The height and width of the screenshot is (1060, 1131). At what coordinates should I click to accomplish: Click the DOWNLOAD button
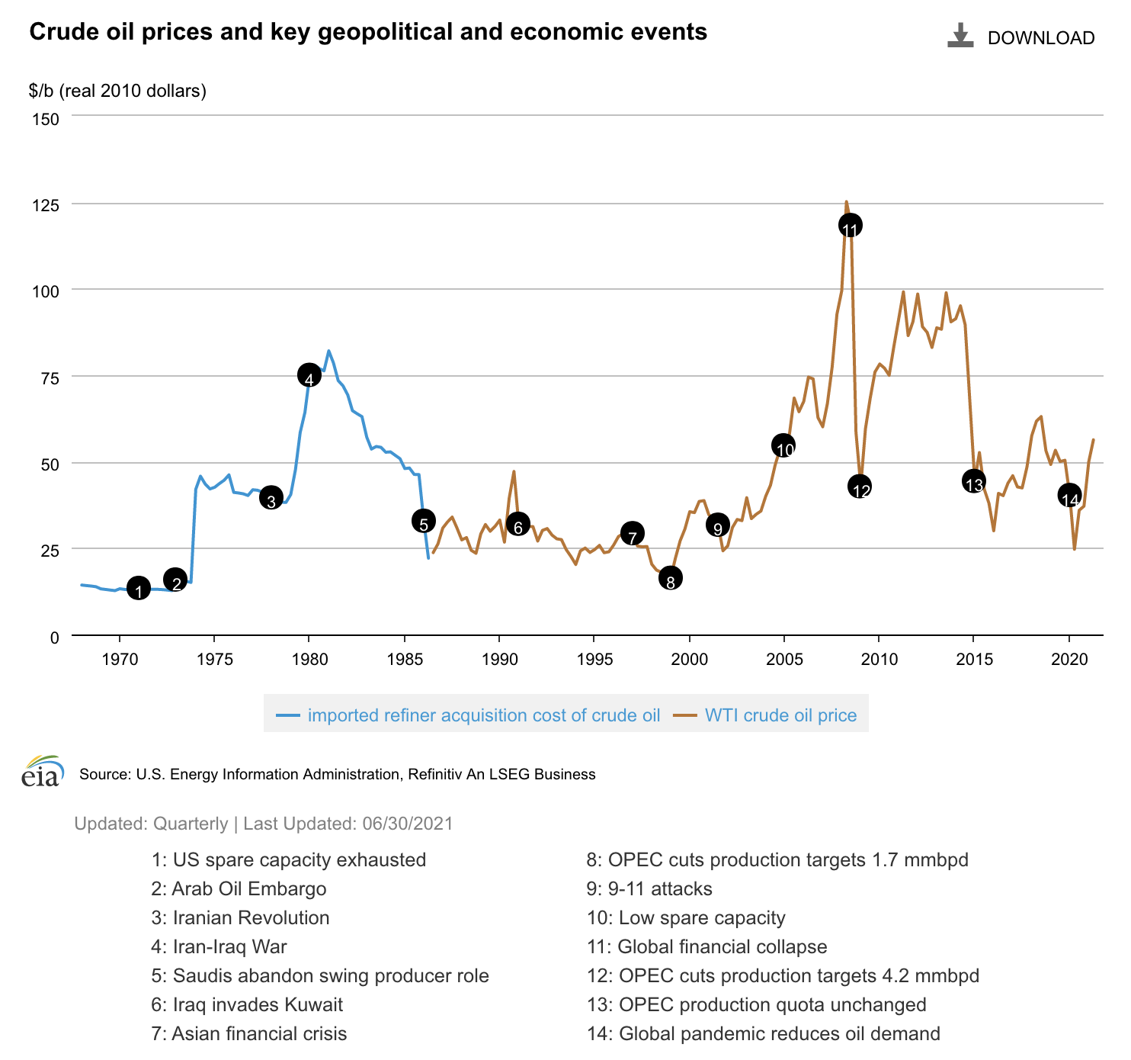tap(1021, 37)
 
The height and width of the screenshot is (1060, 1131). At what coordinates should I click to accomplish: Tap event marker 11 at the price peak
tap(851, 226)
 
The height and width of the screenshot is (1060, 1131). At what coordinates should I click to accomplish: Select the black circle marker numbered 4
tap(309, 375)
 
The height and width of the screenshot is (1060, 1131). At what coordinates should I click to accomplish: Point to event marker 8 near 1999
tap(670, 578)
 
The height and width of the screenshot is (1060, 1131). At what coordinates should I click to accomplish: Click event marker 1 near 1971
tap(138, 589)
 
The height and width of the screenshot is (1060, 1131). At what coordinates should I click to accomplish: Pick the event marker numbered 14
tap(1070, 495)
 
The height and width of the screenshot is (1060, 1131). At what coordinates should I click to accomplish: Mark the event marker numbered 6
tap(518, 525)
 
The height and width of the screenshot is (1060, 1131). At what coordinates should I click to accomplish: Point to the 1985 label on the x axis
tap(404, 659)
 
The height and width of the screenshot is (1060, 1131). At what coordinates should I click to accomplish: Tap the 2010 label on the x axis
tap(879, 659)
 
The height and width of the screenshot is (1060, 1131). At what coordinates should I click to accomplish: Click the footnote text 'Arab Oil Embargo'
tap(249, 889)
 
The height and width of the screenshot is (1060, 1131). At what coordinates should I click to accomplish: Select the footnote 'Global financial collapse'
tap(722, 947)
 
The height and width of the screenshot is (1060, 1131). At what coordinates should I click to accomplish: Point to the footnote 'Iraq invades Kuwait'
tap(258, 1005)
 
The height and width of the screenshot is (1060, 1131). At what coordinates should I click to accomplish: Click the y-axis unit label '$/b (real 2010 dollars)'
tap(118, 91)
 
